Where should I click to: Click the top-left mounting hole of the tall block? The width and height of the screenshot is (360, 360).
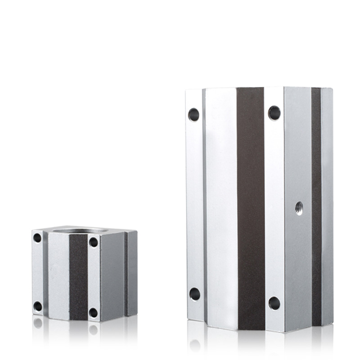click(193, 114)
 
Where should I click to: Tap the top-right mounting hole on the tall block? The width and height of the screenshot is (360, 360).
click(274, 112)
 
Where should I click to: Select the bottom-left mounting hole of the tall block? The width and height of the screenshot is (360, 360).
click(194, 294)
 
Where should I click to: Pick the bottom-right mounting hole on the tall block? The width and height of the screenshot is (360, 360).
click(274, 303)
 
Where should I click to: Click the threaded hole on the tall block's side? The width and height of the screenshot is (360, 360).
click(299, 207)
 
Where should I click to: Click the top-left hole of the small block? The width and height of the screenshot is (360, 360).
click(37, 238)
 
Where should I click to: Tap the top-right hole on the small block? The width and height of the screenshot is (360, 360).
click(93, 242)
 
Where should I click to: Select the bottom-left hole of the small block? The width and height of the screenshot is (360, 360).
click(38, 306)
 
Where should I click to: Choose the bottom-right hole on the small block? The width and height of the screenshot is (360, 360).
click(93, 312)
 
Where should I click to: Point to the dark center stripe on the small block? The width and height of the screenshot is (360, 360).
click(78, 277)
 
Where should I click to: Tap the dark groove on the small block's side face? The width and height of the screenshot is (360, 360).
click(126, 272)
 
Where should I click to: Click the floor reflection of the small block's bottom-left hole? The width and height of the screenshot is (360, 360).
click(38, 323)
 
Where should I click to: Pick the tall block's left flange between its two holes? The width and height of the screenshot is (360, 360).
click(194, 202)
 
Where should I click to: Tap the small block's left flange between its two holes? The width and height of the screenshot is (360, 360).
click(37, 272)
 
